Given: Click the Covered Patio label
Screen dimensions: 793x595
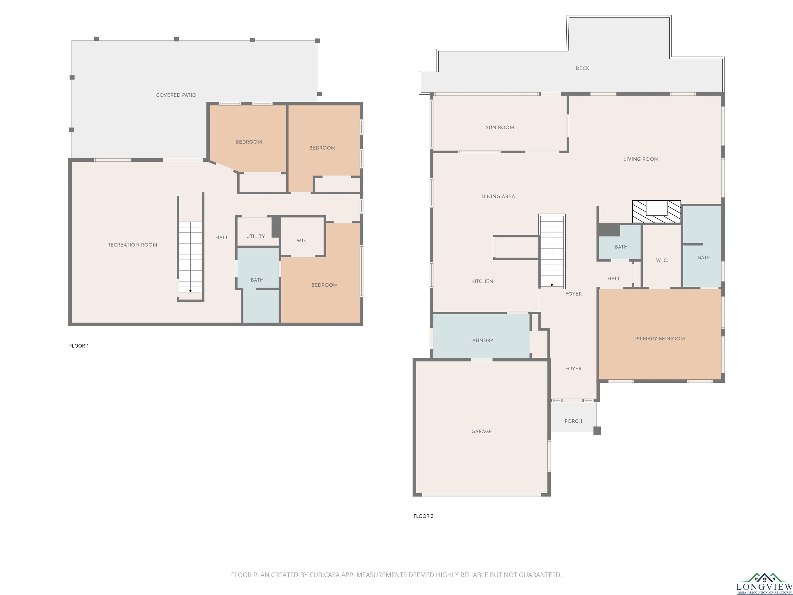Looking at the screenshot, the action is [176, 95].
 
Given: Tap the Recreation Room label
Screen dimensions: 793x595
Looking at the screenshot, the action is [132, 245].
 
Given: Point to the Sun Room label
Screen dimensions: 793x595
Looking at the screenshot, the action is [500, 127].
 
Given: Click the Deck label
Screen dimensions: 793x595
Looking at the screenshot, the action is [582, 68].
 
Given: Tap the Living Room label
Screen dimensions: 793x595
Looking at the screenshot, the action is [641, 159].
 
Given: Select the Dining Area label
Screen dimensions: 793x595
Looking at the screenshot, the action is [498, 197].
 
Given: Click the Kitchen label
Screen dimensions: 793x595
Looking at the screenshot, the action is [482, 281].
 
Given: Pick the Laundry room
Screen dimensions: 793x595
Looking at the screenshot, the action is [481, 336].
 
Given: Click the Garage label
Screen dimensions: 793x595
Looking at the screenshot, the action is [481, 432].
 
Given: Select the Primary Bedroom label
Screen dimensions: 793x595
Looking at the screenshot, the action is [660, 339].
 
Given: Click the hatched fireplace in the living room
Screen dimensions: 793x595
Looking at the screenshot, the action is [656, 212].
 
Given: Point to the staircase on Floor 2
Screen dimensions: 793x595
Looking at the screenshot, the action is [552, 251].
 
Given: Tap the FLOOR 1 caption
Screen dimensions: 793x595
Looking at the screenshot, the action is [79, 346].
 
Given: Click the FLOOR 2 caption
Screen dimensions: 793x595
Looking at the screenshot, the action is [423, 516].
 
